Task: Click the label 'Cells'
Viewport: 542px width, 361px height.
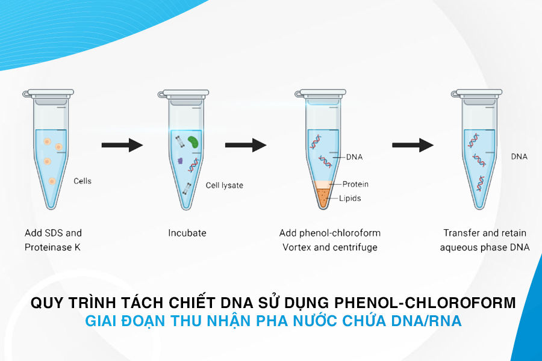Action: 83,180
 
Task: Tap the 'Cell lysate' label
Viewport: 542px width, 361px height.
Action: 225,185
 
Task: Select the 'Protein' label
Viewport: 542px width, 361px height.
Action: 355,184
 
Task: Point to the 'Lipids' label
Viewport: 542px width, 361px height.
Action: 350,199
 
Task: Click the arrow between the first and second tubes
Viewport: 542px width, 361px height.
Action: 122,145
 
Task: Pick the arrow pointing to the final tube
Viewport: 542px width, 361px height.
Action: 413,145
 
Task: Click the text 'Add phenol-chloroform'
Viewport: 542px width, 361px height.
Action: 330,233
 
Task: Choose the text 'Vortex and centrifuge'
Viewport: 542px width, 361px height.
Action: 330,247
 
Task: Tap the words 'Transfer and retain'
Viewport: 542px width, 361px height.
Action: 485,233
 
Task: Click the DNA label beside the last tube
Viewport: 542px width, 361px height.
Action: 519,156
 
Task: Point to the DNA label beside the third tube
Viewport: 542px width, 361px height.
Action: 354,157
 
